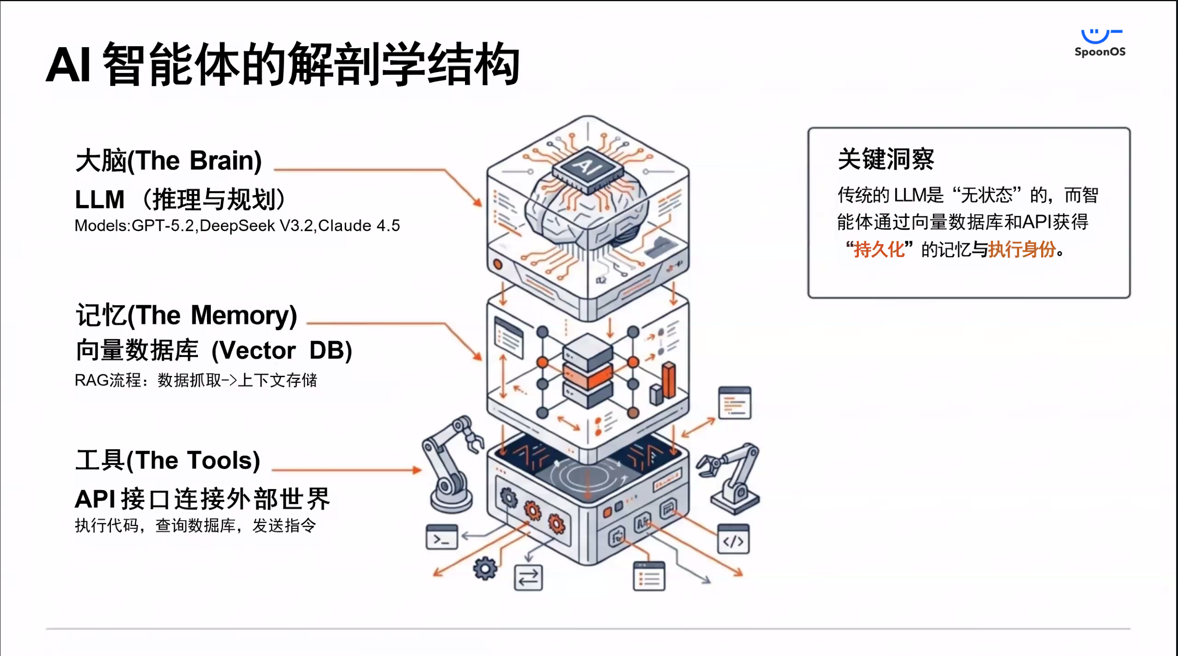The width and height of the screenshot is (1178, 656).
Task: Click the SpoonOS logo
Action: tap(1100, 43)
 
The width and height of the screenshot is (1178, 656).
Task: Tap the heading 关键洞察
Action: tap(886, 159)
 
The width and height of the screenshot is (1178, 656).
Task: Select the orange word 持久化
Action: tap(878, 249)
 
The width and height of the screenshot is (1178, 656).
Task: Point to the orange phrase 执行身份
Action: tap(1022, 249)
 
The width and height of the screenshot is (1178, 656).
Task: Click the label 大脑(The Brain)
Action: tap(168, 161)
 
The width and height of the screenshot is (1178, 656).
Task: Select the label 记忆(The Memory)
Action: tap(186, 315)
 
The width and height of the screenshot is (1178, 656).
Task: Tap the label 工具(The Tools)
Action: tap(167, 461)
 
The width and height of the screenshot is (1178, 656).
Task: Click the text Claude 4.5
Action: tap(359, 225)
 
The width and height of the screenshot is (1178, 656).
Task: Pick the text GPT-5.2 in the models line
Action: tap(163, 225)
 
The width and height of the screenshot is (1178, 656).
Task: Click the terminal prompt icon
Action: tap(441, 537)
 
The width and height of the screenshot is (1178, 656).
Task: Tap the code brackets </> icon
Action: tap(733, 540)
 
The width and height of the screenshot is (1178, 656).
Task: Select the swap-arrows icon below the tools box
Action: tap(528, 577)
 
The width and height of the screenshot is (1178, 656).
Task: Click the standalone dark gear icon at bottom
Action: tap(485, 568)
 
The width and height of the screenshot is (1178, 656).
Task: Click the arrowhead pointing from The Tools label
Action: tap(417, 470)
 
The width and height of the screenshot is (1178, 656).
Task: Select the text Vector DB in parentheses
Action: tap(281, 351)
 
